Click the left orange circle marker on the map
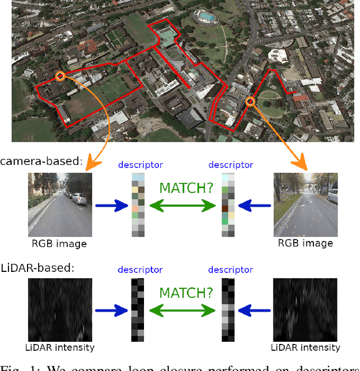pyautogui.click(x=60, y=75)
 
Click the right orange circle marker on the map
pyautogui.click(x=250, y=101)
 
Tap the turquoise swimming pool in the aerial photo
pyautogui.click(x=206, y=17)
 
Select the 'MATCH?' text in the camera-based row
pyautogui.click(x=186, y=188)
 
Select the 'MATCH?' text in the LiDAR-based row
pyautogui.click(x=186, y=293)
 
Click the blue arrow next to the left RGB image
pyautogui.click(x=112, y=206)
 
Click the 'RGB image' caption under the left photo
pyautogui.click(x=59, y=244)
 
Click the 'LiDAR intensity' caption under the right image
pyautogui.click(x=306, y=347)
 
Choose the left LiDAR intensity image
pyautogui.click(x=60, y=309)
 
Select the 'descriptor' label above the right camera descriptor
pyautogui.click(x=231, y=165)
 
